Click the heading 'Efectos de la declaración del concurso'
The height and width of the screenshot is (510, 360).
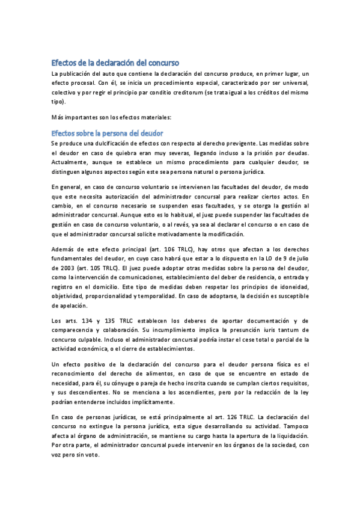click(115, 63)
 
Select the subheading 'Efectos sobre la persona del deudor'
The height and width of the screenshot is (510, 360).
click(108, 132)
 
